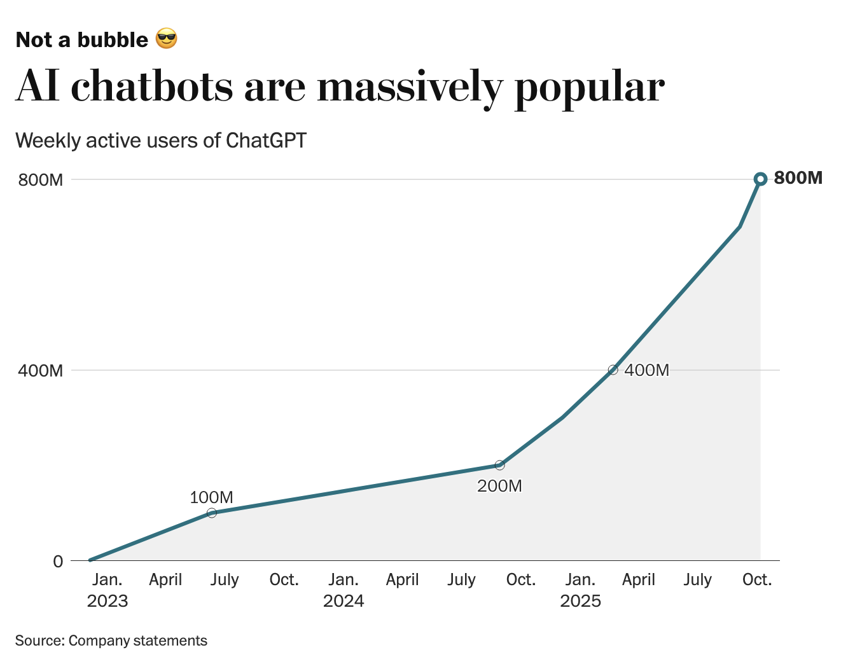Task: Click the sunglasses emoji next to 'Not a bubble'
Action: [166, 39]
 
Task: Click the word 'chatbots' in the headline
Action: [152, 86]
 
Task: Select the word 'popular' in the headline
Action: [589, 87]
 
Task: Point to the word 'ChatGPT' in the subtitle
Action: [266, 140]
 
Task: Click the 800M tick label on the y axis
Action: [41, 180]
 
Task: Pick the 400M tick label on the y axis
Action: [41, 370]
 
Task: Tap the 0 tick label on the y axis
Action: [58, 561]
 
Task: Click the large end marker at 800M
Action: [760, 179]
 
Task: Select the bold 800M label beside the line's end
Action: [798, 178]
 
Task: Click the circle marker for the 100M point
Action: [212, 513]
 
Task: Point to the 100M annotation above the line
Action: [211, 497]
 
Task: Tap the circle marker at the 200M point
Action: [499, 465]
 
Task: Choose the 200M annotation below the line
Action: [499, 487]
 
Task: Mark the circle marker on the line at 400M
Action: [613, 370]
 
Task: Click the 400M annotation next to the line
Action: [646, 370]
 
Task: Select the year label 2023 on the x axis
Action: [108, 601]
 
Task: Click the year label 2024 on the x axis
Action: [344, 601]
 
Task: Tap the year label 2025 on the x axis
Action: [580, 601]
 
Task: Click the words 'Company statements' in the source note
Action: [137, 640]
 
